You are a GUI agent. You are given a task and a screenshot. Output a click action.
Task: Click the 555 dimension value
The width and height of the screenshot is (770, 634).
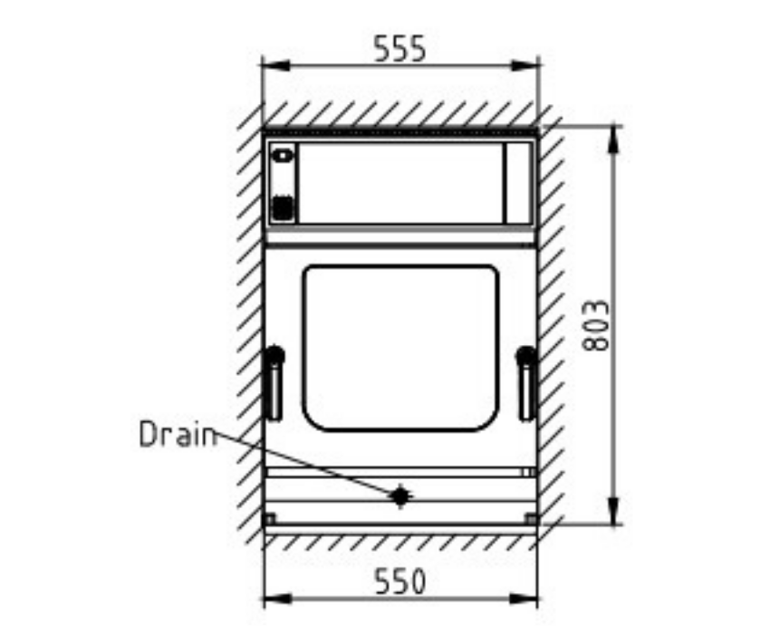(x=399, y=49)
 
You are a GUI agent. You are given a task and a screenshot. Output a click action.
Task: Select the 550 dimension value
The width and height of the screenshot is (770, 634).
(x=399, y=581)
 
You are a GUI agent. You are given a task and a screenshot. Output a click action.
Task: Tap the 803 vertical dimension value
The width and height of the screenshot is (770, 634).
(x=596, y=325)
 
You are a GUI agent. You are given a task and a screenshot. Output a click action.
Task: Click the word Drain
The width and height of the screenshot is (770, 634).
(x=178, y=434)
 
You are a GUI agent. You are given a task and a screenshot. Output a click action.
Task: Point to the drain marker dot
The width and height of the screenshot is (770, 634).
(x=400, y=496)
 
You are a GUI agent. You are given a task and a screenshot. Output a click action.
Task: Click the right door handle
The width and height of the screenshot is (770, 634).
(x=527, y=383)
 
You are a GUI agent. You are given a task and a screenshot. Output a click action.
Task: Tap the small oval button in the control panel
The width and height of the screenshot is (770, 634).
(x=283, y=156)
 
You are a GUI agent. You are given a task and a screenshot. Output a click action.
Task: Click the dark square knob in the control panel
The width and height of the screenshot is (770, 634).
(x=283, y=207)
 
